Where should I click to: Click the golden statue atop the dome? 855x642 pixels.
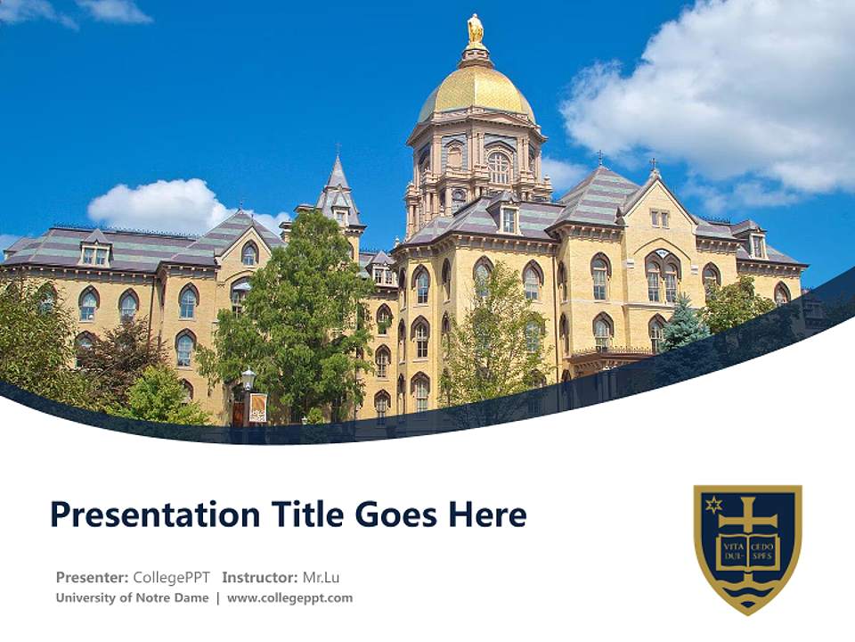click(x=476, y=29)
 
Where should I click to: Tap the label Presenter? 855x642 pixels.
click(x=92, y=577)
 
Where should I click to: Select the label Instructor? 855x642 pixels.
click(x=260, y=577)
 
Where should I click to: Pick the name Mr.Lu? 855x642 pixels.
click(x=322, y=577)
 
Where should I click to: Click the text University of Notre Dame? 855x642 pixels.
click(x=132, y=597)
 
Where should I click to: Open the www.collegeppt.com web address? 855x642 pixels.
click(x=289, y=597)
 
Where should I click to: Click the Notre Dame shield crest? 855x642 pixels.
click(x=748, y=547)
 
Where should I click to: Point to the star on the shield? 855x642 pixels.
click(x=712, y=505)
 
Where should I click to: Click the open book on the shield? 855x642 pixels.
click(x=748, y=551)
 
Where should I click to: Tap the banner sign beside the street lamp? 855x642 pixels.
click(x=258, y=407)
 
